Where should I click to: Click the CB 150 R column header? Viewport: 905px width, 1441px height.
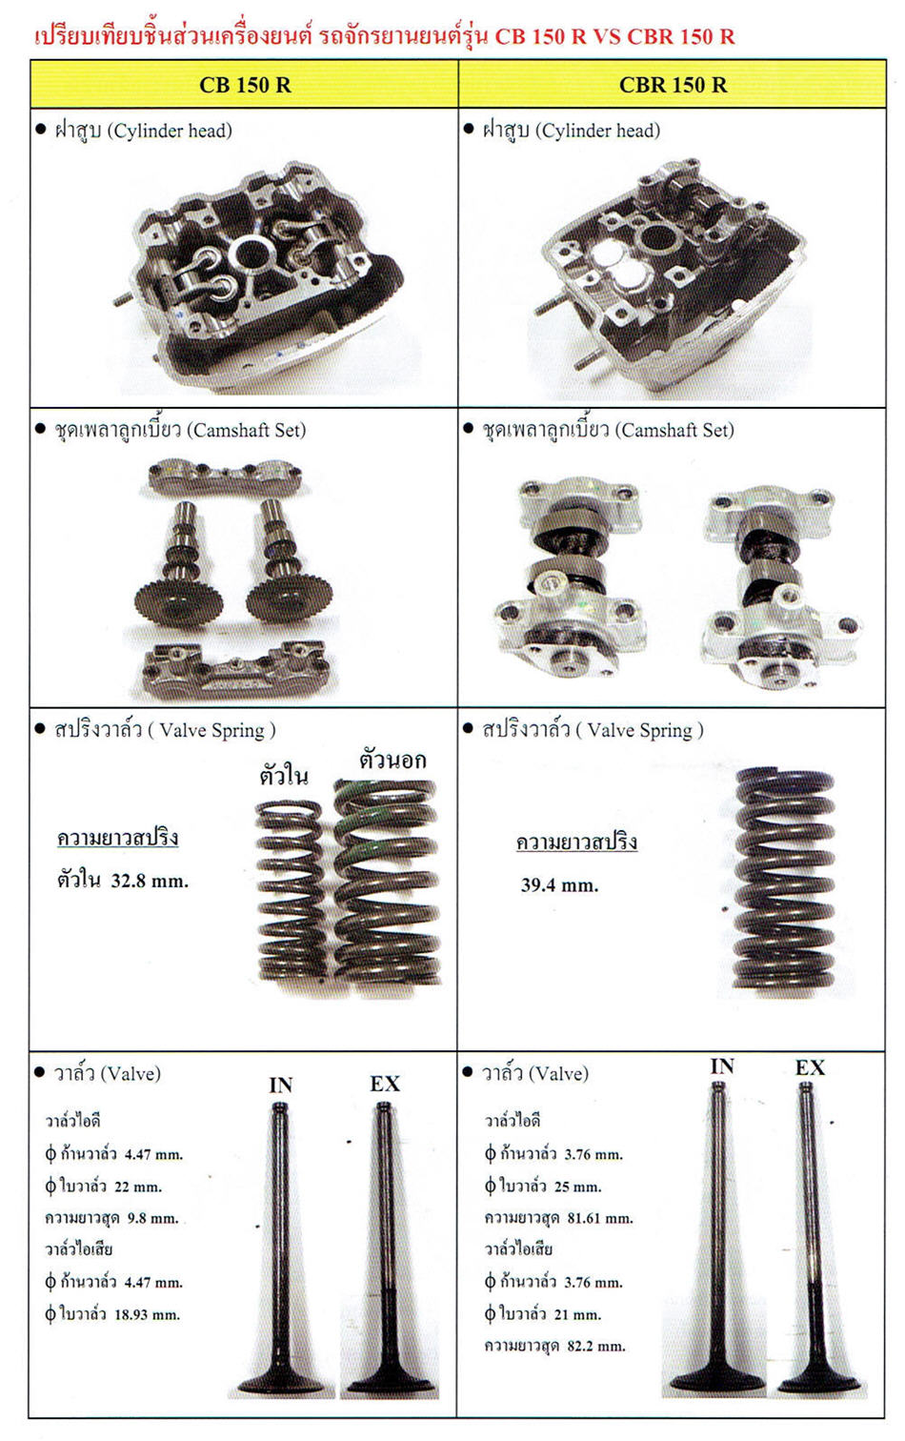[x=245, y=85]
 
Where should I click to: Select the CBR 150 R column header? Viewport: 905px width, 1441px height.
[x=673, y=85]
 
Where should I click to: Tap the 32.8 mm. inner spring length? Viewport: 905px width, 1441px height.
[x=150, y=880]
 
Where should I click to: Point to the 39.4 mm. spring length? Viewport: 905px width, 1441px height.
[x=559, y=884]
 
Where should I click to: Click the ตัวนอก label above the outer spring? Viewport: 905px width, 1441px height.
[x=392, y=760]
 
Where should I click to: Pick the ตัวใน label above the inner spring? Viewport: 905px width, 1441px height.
[x=284, y=775]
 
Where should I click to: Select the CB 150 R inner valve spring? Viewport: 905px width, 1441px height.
[x=290, y=890]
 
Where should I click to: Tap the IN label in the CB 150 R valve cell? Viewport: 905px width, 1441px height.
[x=280, y=1086]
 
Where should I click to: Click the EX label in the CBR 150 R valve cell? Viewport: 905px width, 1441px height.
[x=810, y=1067]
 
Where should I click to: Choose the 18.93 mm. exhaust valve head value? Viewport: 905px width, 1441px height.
[x=148, y=1314]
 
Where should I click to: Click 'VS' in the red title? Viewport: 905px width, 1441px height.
[x=607, y=36]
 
